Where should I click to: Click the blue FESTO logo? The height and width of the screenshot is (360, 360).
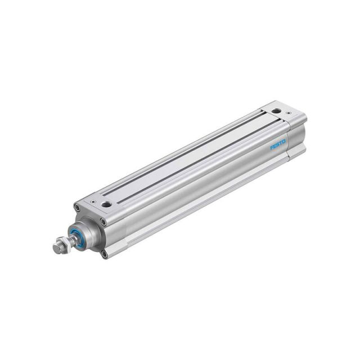point(278,145)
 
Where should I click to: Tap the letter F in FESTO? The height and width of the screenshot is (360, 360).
point(272,148)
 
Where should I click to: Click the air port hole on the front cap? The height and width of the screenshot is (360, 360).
point(106,204)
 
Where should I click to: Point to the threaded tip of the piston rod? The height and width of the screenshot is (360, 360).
point(56,248)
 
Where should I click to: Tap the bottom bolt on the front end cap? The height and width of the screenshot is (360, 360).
point(104,254)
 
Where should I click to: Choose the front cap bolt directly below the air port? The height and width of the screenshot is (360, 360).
point(103,222)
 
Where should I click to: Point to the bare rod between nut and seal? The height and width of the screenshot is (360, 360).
point(67,241)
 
